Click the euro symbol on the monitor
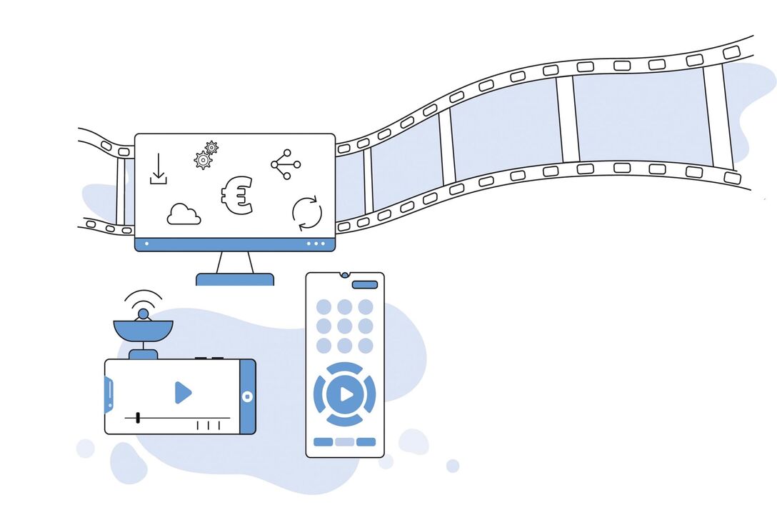[236, 196]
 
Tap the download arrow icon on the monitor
[158, 169]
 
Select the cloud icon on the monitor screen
[184, 215]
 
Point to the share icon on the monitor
[285, 164]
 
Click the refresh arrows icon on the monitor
[307, 214]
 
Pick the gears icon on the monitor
[206, 155]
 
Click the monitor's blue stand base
[235, 279]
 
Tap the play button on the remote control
[345, 394]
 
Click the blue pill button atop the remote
[365, 284]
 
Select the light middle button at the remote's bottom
[344, 441]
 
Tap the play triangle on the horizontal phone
[183, 392]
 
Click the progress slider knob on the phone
[137, 417]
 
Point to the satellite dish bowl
[143, 331]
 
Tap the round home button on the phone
[247, 396]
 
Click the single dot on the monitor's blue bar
[147, 244]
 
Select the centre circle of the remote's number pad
[344, 326]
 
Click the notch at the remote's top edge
[344, 274]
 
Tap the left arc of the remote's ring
[319, 394]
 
